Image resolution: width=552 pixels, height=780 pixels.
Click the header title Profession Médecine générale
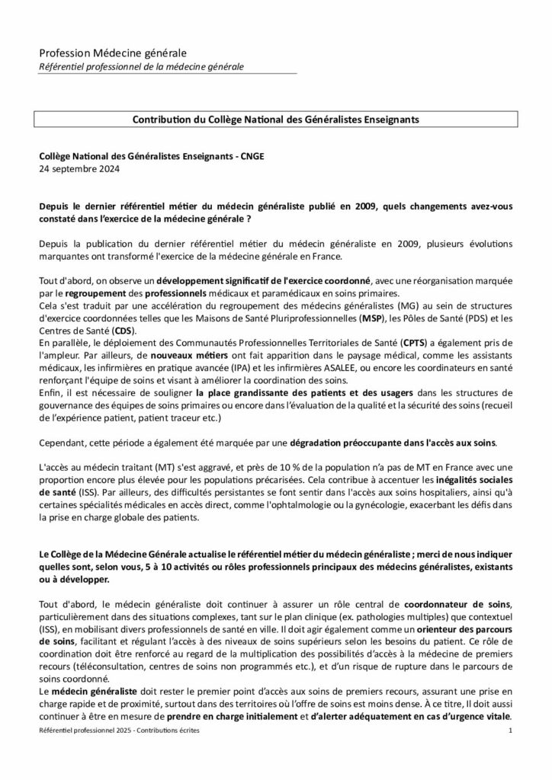pyautogui.click(x=112, y=53)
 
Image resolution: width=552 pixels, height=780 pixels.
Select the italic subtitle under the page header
pyautogui.click(x=142, y=67)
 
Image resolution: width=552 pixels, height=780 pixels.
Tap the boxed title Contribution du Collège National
pyautogui.click(x=276, y=120)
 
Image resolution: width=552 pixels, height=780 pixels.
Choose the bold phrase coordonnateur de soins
pyautogui.click(x=453, y=604)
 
